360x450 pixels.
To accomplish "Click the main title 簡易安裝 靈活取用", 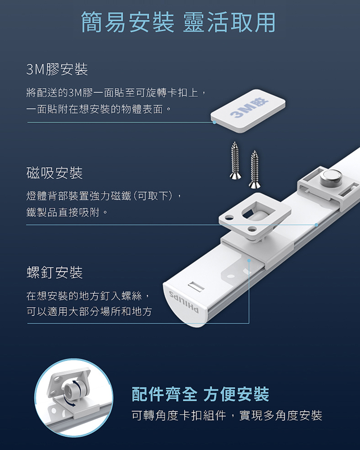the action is (178, 23).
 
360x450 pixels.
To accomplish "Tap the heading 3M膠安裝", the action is (57, 69).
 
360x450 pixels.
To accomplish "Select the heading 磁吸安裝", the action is (54, 173).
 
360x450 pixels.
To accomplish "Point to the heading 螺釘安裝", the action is (54, 273).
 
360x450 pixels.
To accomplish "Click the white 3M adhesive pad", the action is (248, 111).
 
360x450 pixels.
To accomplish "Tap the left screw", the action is (235, 160).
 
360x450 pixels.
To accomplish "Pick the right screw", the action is (254, 169).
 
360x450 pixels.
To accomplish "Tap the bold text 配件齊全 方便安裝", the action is (200, 394).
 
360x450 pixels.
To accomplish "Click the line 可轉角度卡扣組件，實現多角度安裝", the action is (227, 415).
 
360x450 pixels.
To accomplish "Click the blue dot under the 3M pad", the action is (214, 122).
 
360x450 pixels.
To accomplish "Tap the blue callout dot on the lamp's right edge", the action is (316, 225).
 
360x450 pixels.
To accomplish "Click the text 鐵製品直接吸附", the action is (63, 213).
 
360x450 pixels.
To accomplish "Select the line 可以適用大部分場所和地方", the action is (89, 311).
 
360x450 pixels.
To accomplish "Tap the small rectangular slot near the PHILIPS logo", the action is (197, 286).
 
